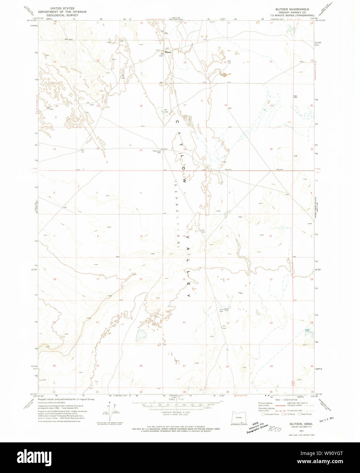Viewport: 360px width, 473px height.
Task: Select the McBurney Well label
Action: [157, 152]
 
